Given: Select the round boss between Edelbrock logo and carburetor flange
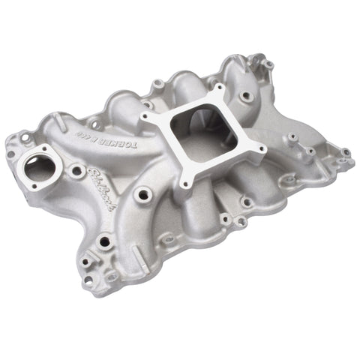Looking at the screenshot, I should pos(142,194).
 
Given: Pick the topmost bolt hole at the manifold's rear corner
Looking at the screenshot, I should pos(267,64).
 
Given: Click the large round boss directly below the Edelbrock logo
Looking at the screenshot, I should pos(104,241).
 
